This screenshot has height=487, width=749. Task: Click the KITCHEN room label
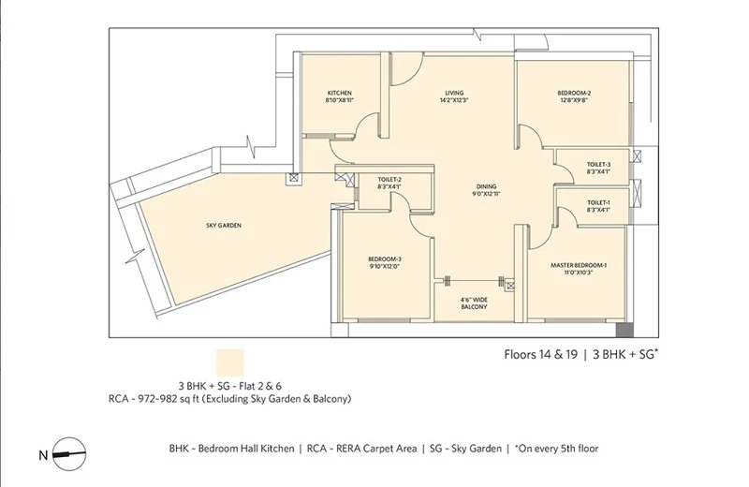click(340, 93)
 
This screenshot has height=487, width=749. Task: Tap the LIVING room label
click(454, 93)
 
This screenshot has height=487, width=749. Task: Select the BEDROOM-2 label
click(574, 93)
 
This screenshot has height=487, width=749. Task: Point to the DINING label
click(486, 186)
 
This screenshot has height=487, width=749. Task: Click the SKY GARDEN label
click(224, 226)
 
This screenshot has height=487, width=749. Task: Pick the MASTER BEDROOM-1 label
click(579, 265)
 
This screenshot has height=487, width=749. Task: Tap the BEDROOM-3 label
click(385, 259)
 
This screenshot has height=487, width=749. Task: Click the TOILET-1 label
click(598, 202)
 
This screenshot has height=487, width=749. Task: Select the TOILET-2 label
click(389, 180)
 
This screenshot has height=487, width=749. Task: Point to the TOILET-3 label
click(598, 165)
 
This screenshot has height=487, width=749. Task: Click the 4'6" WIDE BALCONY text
click(474, 303)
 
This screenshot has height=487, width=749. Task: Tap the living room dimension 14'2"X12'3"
click(454, 100)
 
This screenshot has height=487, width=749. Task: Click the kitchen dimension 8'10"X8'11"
click(340, 100)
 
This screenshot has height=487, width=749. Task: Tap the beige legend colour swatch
click(230, 363)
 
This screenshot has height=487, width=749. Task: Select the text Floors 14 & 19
click(541, 355)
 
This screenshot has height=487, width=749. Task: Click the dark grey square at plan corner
click(624, 331)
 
